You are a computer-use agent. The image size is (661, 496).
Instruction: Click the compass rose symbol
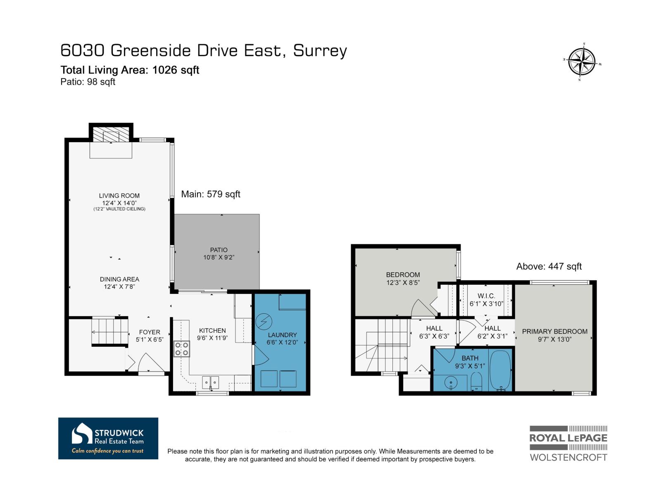[582, 62]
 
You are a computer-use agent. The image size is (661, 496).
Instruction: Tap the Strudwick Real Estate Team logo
[108, 438]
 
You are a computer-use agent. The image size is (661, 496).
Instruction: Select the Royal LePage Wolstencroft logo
[568, 443]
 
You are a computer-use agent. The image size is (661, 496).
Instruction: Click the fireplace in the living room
[111, 134]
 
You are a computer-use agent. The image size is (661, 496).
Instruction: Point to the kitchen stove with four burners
[181, 348]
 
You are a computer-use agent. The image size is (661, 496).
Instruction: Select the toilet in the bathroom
[476, 382]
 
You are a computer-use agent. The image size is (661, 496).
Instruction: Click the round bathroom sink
[451, 383]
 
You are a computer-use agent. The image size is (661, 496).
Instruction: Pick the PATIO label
[219, 250]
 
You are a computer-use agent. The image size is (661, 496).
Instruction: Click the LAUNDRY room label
[282, 335]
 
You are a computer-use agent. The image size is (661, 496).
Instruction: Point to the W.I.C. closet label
[486, 296]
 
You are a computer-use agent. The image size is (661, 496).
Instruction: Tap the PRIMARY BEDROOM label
[554, 331]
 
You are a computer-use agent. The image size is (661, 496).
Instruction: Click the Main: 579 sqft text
[211, 194]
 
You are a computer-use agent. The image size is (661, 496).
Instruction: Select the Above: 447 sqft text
[549, 267]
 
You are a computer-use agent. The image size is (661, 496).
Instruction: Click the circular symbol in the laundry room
[262, 320]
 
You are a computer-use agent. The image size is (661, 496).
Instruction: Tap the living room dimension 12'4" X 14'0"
[119, 203]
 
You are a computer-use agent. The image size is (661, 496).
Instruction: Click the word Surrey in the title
[320, 50]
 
